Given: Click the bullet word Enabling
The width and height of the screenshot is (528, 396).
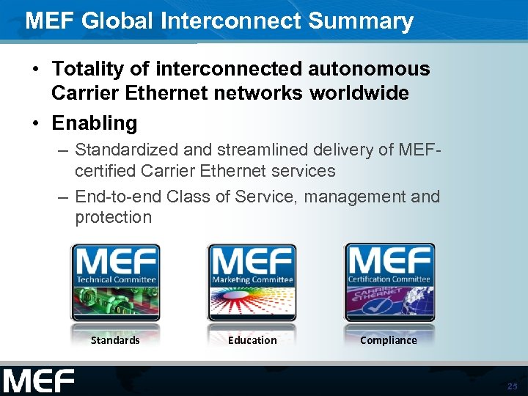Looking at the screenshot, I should (x=94, y=123).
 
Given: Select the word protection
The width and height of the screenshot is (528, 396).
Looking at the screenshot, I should (x=113, y=217).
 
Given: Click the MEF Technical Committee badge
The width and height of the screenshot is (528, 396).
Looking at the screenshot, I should (x=115, y=282).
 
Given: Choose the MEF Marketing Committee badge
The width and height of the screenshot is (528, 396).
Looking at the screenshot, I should (x=252, y=282).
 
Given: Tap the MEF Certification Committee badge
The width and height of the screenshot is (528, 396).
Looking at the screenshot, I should (x=389, y=282).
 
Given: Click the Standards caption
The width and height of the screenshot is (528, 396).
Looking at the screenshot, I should (x=115, y=340).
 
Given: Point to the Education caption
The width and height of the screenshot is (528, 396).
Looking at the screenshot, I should (x=252, y=340).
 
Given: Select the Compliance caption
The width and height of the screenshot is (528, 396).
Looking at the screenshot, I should (x=389, y=340).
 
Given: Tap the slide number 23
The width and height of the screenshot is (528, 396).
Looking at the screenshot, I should (x=512, y=386).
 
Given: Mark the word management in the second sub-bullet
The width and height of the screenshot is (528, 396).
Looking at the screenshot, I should (x=356, y=197).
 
